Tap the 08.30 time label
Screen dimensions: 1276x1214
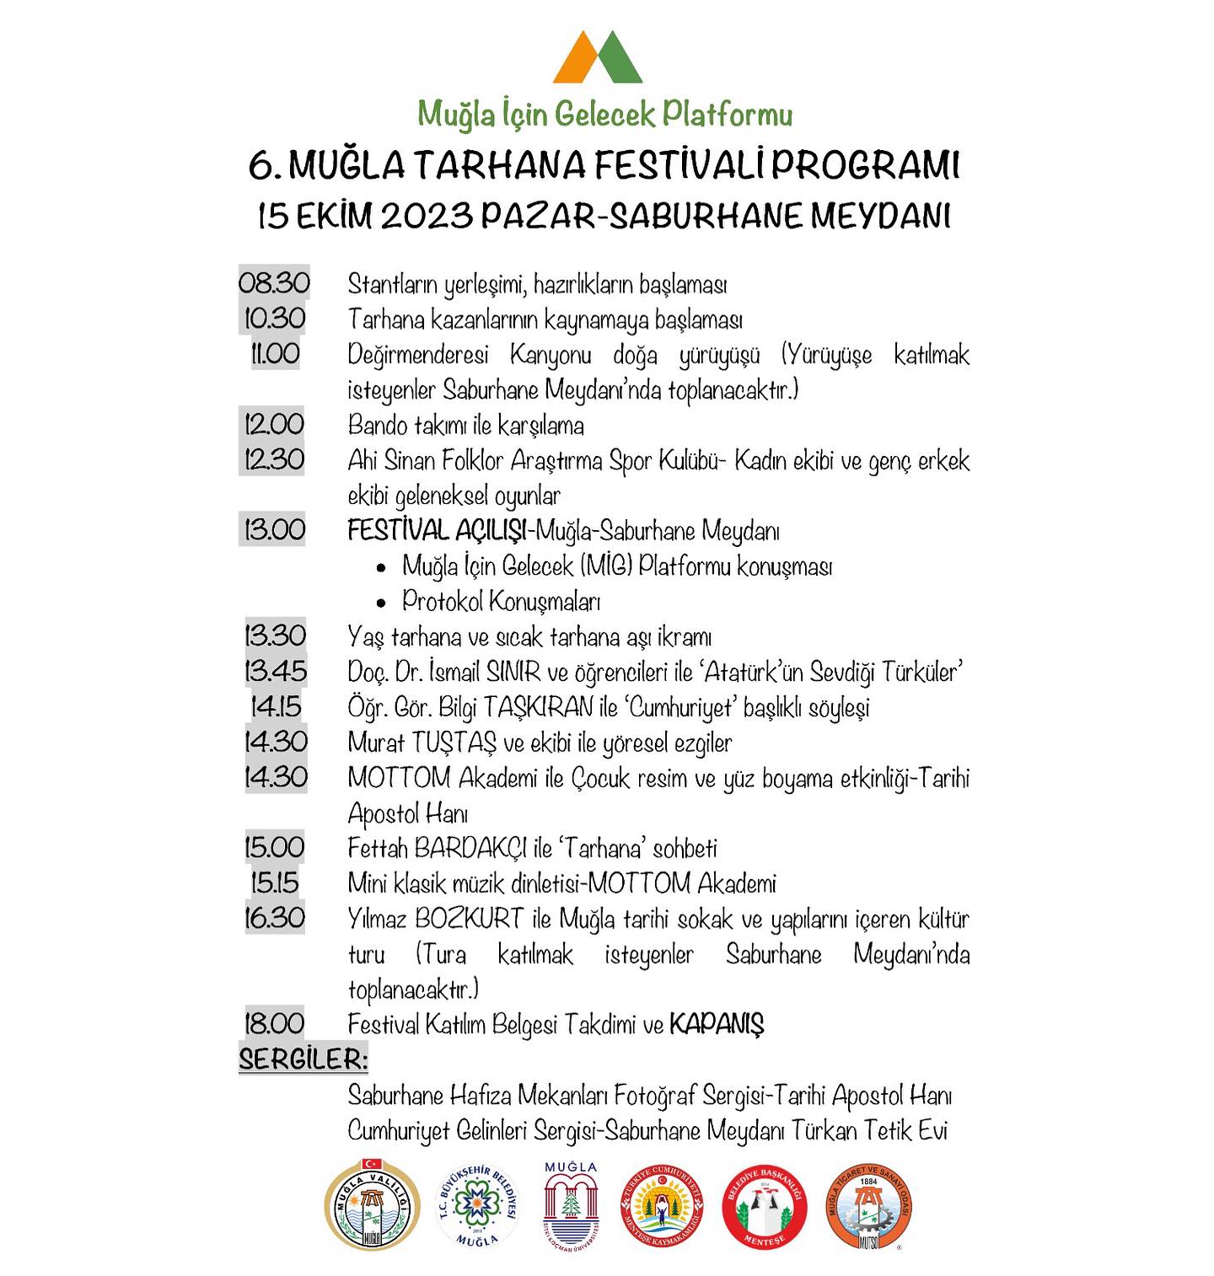click(x=274, y=283)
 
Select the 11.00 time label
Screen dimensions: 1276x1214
click(x=275, y=354)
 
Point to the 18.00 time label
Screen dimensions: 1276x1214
click(x=274, y=1024)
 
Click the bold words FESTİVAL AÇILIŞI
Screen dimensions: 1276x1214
click(x=438, y=531)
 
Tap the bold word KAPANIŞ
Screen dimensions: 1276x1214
click(x=716, y=1025)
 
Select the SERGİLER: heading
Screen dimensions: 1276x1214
click(x=303, y=1059)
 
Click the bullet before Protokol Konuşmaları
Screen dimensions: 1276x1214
click(x=382, y=603)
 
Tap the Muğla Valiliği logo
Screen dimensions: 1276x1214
click(x=372, y=1203)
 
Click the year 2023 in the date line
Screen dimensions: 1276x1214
click(x=426, y=216)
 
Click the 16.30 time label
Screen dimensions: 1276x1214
click(x=274, y=919)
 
